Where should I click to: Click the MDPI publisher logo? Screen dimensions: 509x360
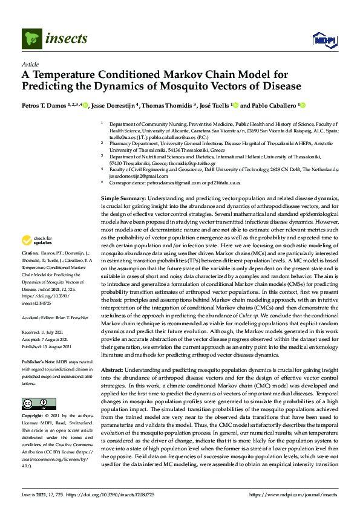(x=324, y=41)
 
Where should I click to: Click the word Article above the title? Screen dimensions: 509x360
(x=30, y=65)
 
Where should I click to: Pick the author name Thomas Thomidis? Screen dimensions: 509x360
(x=171, y=106)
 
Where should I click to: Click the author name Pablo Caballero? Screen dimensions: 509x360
(x=272, y=106)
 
